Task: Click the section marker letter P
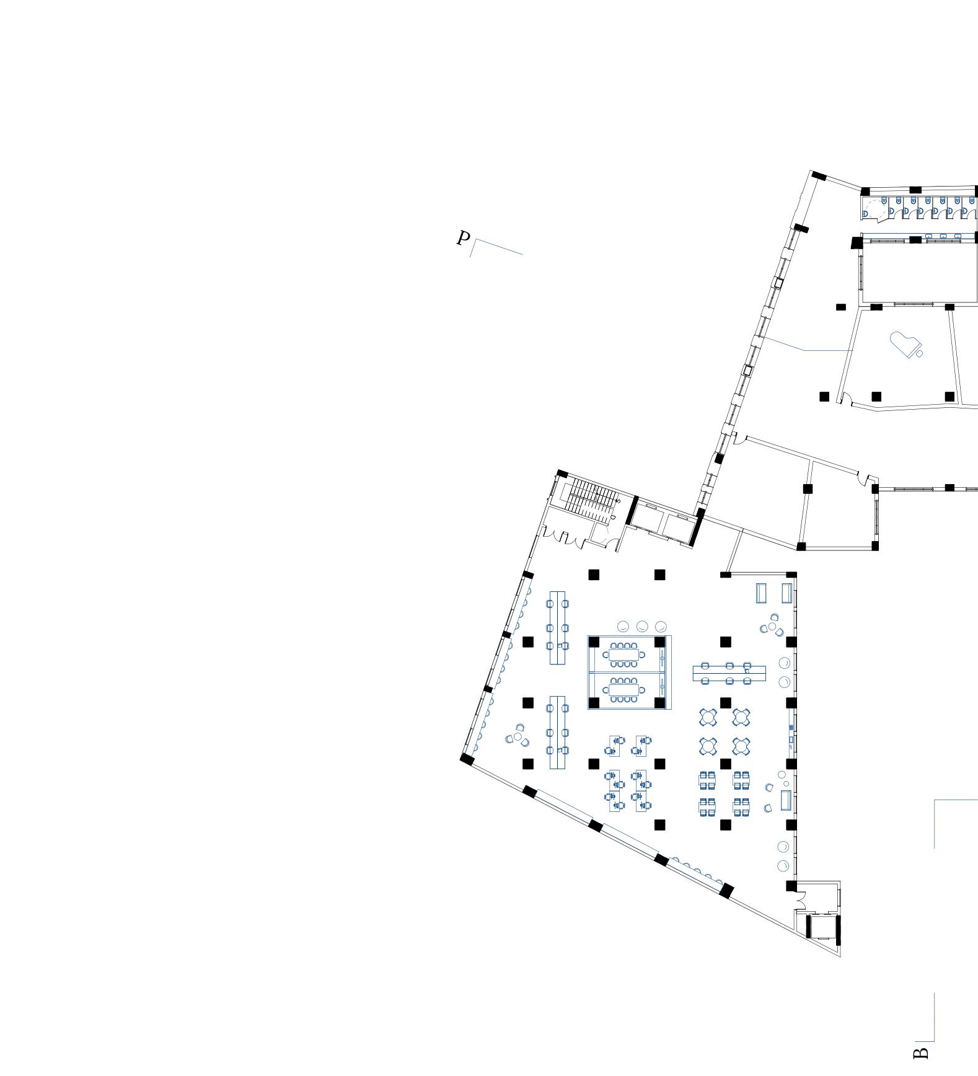[x=463, y=238]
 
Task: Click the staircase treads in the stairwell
[x=593, y=496]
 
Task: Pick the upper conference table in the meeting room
[x=623, y=654]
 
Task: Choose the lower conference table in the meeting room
[x=623, y=690]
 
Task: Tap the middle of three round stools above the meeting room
[x=642, y=626]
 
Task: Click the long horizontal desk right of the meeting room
[x=729, y=672]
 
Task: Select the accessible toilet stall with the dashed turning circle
[x=874, y=209]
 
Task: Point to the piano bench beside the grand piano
[x=920, y=353]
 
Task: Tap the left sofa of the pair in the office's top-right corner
[x=762, y=593]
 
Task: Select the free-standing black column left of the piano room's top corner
[x=840, y=307]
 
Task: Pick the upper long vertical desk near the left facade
[x=557, y=627]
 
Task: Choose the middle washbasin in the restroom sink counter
[x=943, y=236]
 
